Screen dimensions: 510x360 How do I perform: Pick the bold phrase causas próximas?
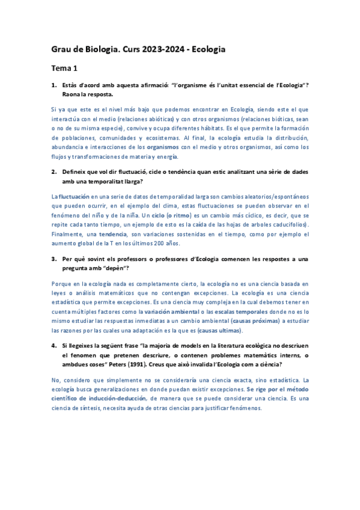coord(254,321)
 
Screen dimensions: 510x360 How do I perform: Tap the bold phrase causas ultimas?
coord(222,330)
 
